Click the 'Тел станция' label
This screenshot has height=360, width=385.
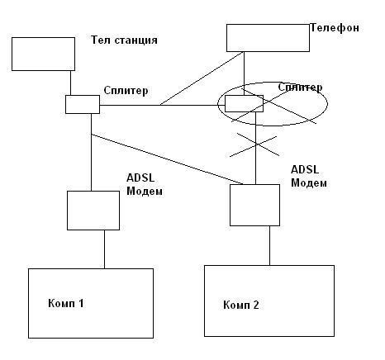pos(124,40)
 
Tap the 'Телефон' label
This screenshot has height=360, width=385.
pos(335,28)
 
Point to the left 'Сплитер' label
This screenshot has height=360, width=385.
pos(126,91)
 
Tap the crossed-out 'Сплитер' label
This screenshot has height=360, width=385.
pos(300,88)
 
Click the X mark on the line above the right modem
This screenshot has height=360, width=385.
pos(255,144)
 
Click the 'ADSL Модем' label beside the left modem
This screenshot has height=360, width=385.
pos(145,184)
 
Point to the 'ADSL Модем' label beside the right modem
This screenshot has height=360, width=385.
pos(309,176)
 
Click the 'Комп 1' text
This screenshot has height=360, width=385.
pos(65,303)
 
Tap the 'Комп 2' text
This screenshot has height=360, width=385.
pos(241,305)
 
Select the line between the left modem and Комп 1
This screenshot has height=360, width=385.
pos(104,249)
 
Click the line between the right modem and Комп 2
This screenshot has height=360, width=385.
pos(269,246)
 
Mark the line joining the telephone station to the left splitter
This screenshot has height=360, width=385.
pos(70,83)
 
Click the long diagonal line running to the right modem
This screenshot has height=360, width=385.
pos(167,159)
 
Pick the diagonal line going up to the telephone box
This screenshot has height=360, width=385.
pos(202,78)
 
